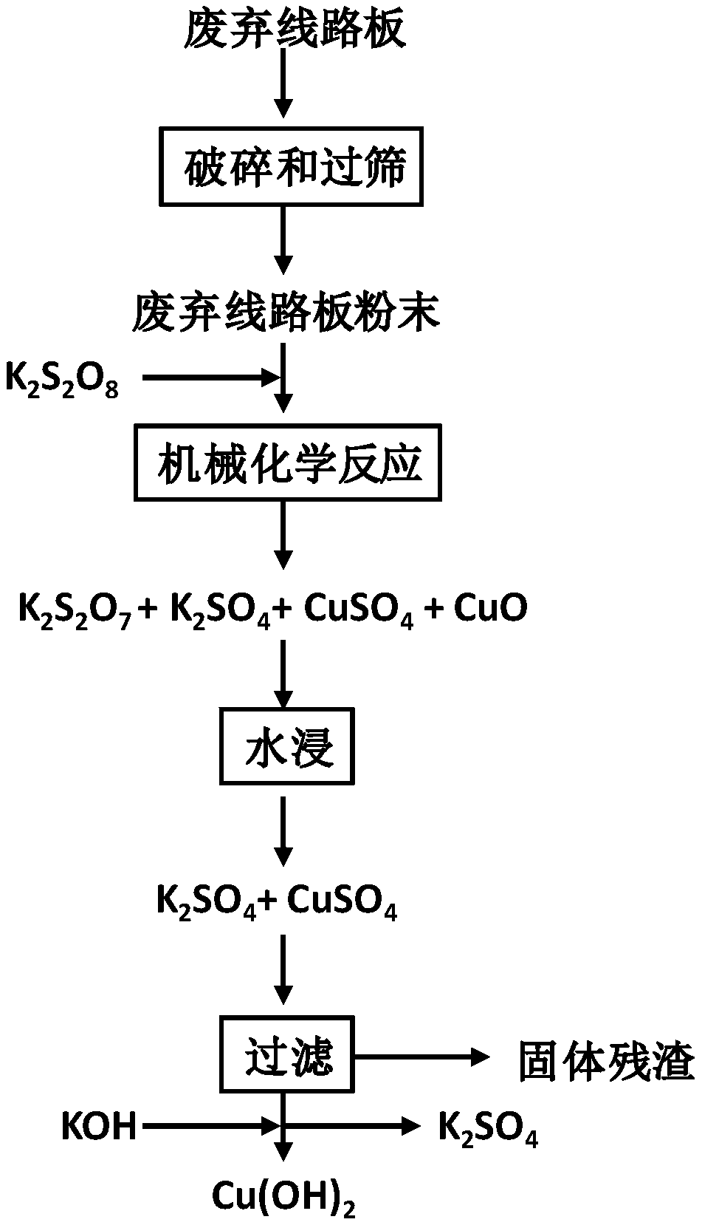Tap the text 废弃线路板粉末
pos(286,312)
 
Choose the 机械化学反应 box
pos(287,463)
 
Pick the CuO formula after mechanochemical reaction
pos(490,609)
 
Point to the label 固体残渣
pos(605,1062)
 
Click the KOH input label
pos(98,1126)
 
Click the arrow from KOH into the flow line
pos(210,1126)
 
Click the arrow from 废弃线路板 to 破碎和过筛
pos(283,86)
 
